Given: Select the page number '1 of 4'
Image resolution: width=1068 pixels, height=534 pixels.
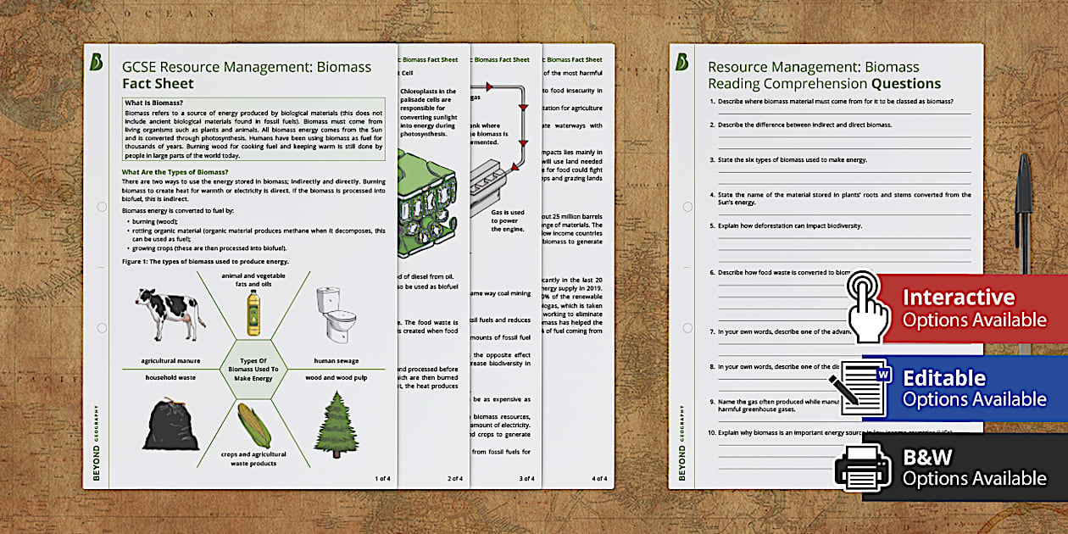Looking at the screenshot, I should point(382,479).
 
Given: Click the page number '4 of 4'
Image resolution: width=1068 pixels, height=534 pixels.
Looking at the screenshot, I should point(599,479).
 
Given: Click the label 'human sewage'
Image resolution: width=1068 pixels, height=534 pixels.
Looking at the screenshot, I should point(331,359).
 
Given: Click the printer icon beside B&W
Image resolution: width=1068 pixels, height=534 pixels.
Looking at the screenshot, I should point(862,466).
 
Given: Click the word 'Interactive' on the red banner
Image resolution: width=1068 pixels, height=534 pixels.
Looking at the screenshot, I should point(958,298).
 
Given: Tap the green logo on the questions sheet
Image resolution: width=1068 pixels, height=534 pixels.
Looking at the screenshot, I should point(681,63).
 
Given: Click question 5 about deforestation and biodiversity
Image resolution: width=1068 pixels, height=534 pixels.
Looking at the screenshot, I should point(789,226).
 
